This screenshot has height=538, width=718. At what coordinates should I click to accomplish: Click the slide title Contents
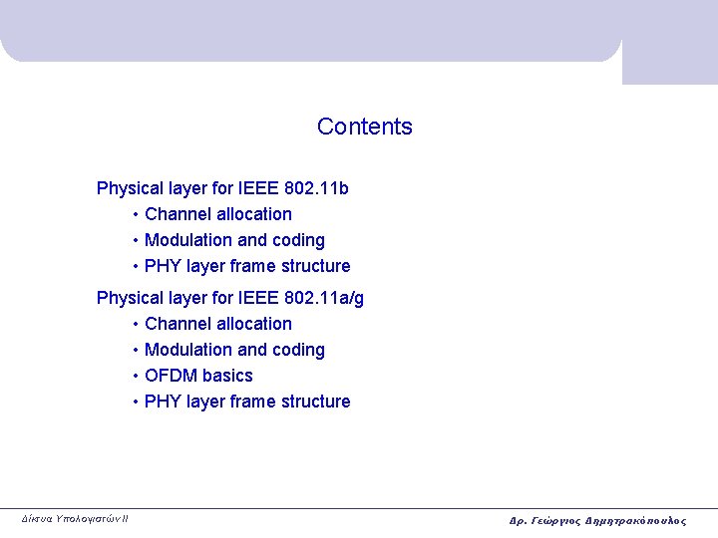364,127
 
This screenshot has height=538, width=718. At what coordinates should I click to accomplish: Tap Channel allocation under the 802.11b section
218,214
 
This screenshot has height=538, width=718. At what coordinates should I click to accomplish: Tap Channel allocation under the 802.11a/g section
218,324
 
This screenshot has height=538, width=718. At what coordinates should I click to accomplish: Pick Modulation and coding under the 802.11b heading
234,240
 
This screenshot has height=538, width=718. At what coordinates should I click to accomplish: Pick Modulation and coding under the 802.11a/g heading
234,350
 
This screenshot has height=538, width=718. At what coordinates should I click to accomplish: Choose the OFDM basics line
198,376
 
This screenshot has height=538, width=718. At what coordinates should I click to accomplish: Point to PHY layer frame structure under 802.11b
247,266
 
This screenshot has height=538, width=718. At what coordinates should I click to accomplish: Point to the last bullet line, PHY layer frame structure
247,402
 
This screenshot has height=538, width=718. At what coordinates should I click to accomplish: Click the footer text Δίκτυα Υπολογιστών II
75,518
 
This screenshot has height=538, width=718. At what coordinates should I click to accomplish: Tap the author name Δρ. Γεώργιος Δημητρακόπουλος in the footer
597,520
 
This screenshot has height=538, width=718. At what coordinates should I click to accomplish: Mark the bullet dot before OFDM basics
135,376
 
